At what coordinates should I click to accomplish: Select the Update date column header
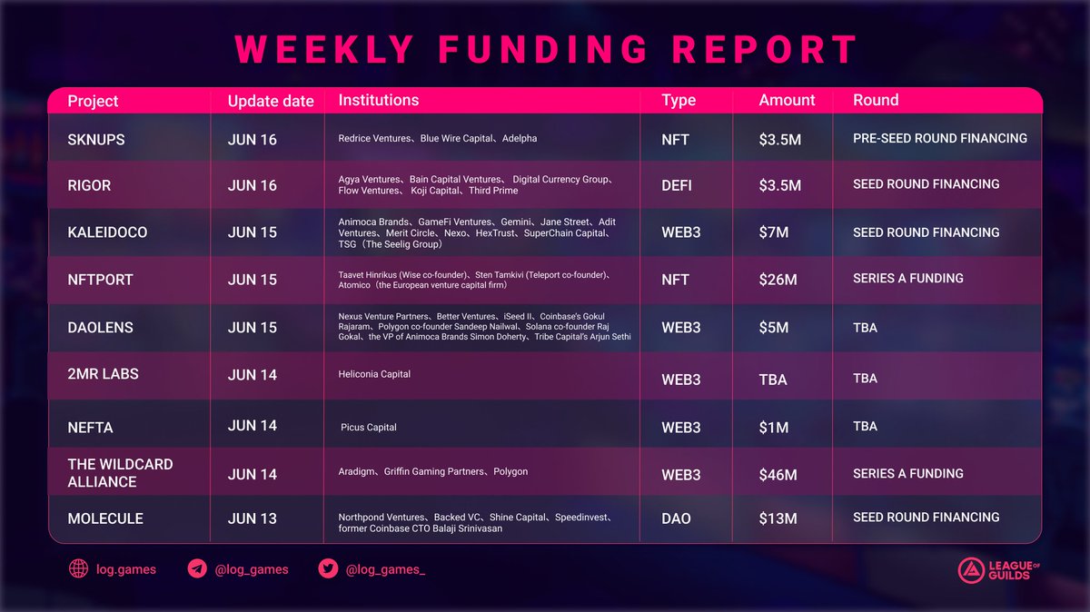pos(271,101)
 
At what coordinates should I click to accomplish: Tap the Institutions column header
pos(379,100)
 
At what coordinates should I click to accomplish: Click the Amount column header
pos(787,100)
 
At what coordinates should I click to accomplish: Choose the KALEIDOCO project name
pos(107,232)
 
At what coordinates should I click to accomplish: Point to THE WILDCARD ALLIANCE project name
pos(120,473)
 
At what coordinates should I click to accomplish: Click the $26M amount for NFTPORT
pos(778,280)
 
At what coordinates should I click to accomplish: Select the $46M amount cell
pos(778,475)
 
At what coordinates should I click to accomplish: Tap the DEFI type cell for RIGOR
pos(677,185)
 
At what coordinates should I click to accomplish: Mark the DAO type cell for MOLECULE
pos(676,518)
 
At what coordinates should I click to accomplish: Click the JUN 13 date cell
pos(253,518)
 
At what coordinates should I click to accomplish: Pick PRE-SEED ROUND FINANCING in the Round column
pos(940,139)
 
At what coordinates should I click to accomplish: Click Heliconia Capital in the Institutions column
pos(374,374)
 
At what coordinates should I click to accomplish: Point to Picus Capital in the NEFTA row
pos(369,427)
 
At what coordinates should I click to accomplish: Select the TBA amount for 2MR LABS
pos(773,380)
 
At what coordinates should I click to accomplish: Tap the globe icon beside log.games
pos(79,569)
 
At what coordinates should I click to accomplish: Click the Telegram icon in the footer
pos(197,569)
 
